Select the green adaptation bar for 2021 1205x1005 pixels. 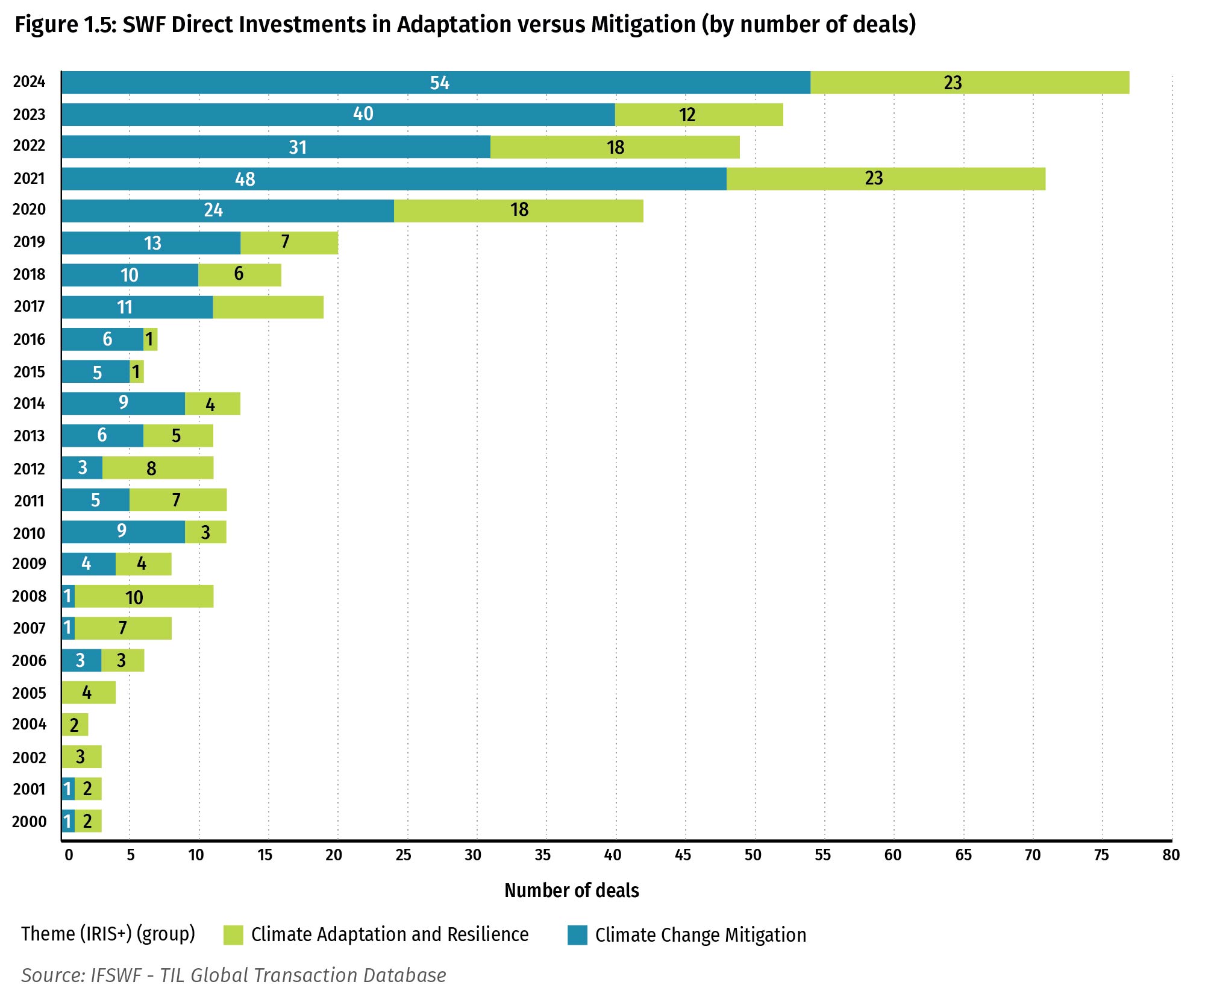(886, 179)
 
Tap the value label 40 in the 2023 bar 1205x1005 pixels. (363, 114)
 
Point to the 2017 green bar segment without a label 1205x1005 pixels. (268, 307)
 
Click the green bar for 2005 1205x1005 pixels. (89, 693)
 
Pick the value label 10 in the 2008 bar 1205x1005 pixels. (134, 597)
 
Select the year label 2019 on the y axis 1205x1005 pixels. (29, 242)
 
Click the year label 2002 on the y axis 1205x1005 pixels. (29, 758)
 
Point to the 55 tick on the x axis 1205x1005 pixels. (822, 855)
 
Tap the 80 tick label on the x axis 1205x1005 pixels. (1171, 855)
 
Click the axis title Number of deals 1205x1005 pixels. (571, 890)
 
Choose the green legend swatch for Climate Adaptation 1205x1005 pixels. (233, 935)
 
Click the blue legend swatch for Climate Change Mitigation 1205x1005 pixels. (577, 935)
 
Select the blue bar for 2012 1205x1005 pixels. (82, 468)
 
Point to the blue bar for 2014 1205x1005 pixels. (123, 403)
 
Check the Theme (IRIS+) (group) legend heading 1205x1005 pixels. (108, 934)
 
